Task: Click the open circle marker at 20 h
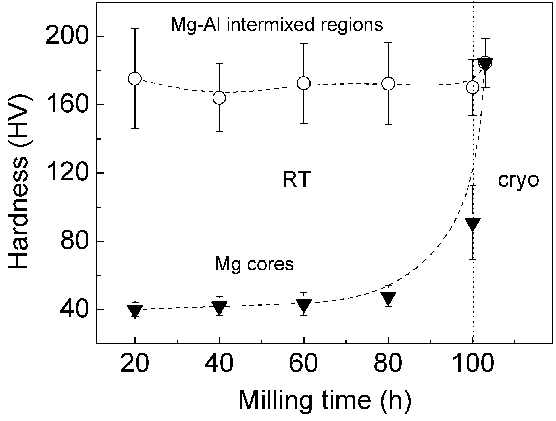(135, 79)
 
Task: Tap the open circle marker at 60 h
(304, 83)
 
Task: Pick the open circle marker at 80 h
(388, 84)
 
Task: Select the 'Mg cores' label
(254, 264)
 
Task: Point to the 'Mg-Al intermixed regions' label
(277, 25)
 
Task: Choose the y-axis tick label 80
(73, 241)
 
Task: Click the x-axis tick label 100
(472, 364)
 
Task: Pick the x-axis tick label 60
(304, 364)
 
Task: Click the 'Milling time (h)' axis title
(324, 400)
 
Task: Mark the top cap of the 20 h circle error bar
(135, 29)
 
